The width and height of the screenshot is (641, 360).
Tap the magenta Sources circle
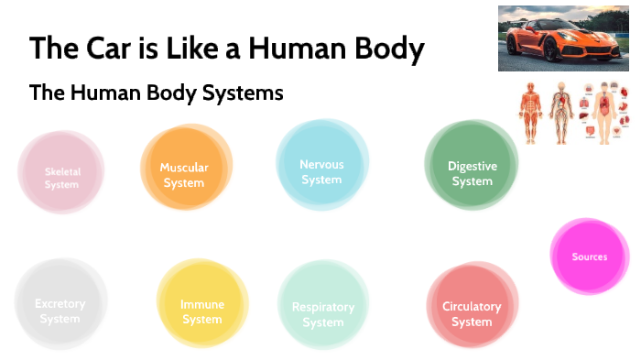(x=589, y=257)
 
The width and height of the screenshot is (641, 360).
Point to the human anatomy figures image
(x=572, y=114)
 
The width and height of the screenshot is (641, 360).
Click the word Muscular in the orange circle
(x=184, y=168)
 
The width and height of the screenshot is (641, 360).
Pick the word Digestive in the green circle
(x=473, y=166)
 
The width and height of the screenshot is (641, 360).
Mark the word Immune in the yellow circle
(x=202, y=304)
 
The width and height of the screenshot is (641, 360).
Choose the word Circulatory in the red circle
(x=472, y=307)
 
